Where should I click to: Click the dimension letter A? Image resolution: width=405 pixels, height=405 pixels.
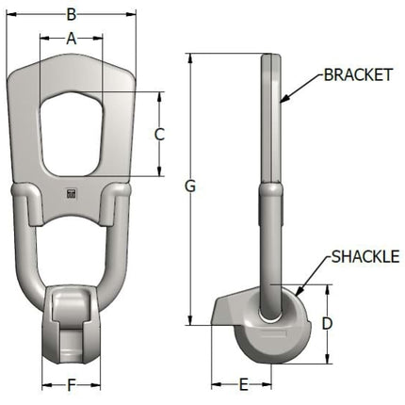pyautogui.click(x=72, y=39)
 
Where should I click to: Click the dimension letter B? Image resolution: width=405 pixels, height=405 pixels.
pyautogui.click(x=72, y=14)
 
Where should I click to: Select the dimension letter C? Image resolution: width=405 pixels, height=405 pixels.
pyautogui.click(x=159, y=135)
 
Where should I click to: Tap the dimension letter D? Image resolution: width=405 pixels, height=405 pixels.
pyautogui.click(x=327, y=324)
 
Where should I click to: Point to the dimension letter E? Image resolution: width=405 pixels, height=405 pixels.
pyautogui.click(x=243, y=384)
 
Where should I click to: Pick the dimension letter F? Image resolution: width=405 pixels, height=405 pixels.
pyautogui.click(x=72, y=385)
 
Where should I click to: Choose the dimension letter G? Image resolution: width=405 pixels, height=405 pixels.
pyautogui.click(x=190, y=186)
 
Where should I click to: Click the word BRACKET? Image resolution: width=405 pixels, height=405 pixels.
pyautogui.click(x=358, y=75)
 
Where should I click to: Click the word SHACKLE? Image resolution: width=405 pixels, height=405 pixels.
pyautogui.click(x=365, y=256)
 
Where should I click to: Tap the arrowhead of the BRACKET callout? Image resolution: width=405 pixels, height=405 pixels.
pyautogui.click(x=283, y=99)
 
